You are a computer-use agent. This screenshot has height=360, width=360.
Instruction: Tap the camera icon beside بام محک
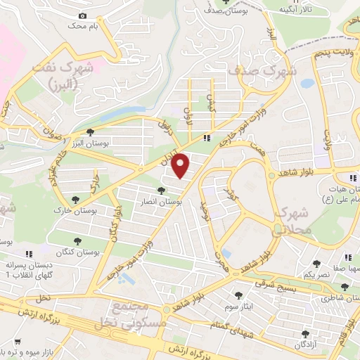(x=83, y=15)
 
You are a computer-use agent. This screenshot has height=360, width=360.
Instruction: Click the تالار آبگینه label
(x=292, y=10)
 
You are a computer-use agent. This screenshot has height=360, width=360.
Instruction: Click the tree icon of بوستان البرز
(x=89, y=132)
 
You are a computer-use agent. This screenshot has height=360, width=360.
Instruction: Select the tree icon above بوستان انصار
(x=162, y=191)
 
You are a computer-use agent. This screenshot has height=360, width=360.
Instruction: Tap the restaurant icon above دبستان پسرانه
(x=29, y=254)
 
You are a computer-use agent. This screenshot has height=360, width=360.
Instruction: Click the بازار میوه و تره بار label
(x=28, y=349)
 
